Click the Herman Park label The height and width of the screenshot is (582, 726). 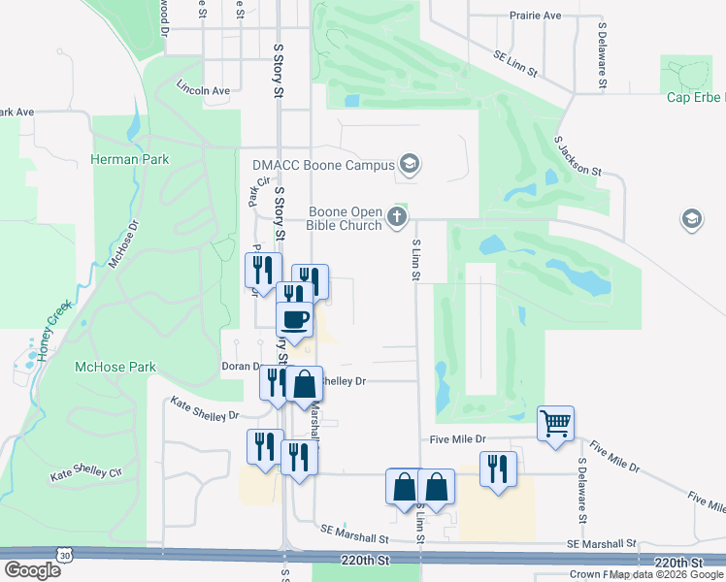tap(130, 159)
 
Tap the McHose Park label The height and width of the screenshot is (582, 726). tap(115, 368)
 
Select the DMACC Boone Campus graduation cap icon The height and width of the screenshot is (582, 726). tap(410, 164)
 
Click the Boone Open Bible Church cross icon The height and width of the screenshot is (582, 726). tap(397, 217)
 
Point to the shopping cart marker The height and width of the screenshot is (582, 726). tap(556, 423)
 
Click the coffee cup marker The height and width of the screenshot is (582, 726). tap(295, 318)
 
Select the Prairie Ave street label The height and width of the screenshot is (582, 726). tap(536, 16)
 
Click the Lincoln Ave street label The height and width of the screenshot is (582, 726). tap(203, 90)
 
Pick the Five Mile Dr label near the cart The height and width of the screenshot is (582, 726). tap(458, 439)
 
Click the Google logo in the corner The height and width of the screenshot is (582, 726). tap(32, 570)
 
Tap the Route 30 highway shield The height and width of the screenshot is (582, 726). tap(64, 555)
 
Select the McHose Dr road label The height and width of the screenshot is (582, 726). tap(123, 243)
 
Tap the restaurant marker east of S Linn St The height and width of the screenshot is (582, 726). tap(498, 469)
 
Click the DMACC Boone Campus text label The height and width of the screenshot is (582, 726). tap(323, 164)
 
